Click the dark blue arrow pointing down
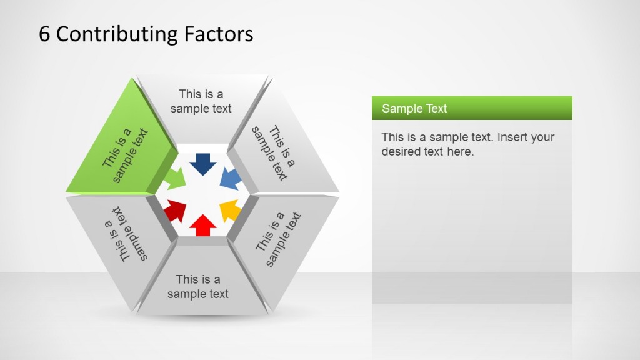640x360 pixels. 202,164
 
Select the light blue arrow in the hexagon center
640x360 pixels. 230,180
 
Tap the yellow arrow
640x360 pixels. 230,210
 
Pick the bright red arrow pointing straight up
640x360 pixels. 202,224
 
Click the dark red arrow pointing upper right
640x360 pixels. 176,211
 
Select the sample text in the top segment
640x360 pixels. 201,101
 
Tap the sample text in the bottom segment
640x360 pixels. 198,286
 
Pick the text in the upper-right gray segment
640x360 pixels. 273,153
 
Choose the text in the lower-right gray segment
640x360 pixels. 278,239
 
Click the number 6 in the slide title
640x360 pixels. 44,34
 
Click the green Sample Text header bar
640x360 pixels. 472,108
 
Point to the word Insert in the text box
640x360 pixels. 514,137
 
